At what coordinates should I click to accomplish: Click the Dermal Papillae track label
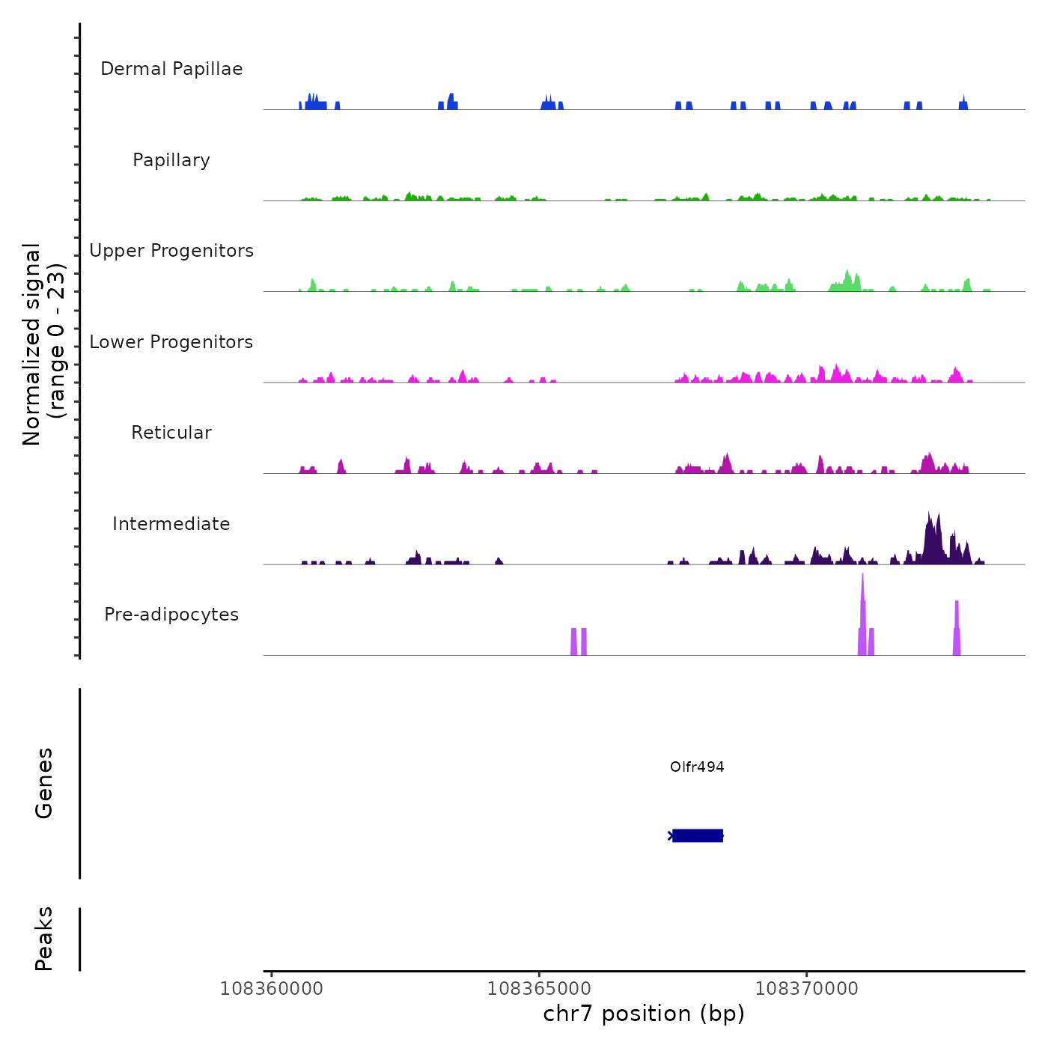171,69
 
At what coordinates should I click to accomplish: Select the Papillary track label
171,160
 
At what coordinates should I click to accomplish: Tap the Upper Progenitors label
171,251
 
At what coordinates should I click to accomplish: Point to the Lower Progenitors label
171,342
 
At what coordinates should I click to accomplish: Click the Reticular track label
171,433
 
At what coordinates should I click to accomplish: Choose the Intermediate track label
171,524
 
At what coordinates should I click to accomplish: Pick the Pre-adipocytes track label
171,615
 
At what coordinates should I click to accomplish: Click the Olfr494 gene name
697,767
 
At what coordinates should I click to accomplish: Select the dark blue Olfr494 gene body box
698,835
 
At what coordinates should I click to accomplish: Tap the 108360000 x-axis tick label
272,989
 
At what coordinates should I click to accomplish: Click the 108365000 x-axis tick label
539,989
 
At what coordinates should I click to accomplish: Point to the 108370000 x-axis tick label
807,989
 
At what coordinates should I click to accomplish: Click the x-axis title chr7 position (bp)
644,1014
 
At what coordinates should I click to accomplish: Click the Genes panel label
44,783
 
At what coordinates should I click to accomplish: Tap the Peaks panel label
44,939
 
